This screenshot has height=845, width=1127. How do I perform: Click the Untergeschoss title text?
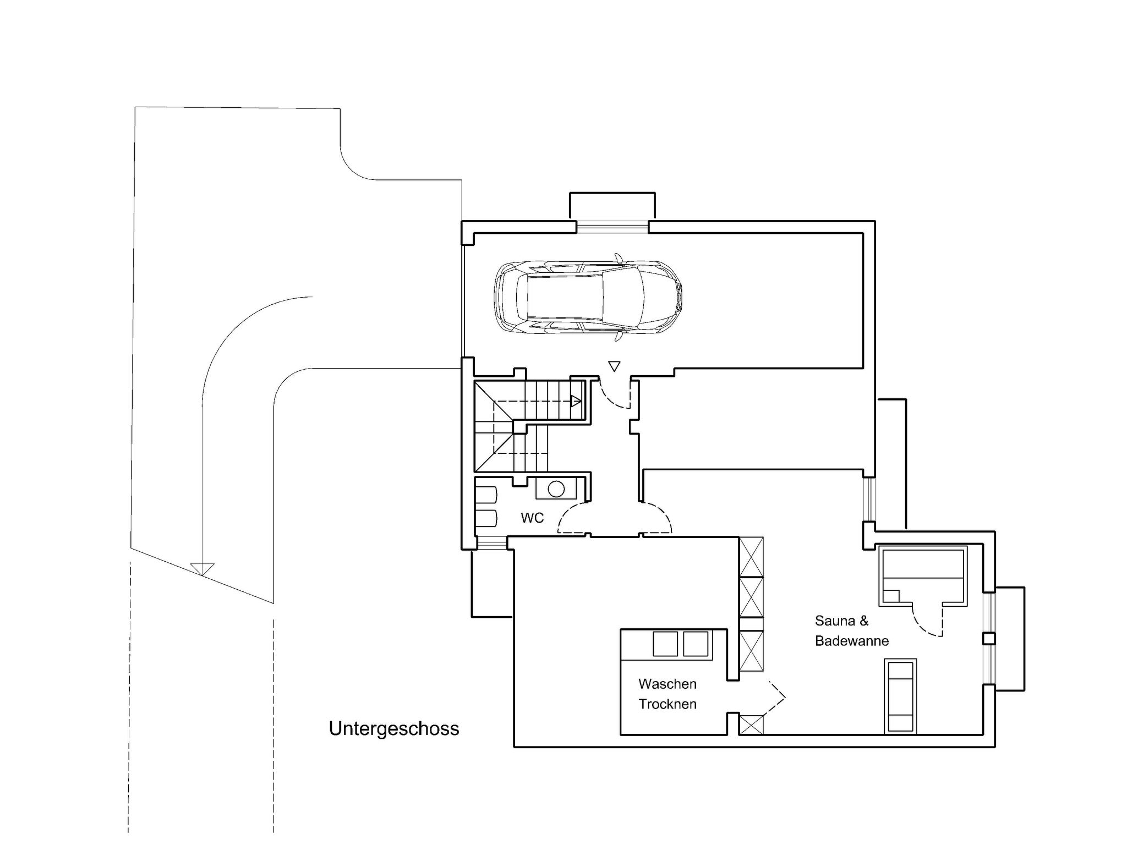(x=393, y=728)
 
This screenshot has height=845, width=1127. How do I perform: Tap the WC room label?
(x=532, y=518)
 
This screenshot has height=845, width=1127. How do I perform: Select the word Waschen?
(x=667, y=684)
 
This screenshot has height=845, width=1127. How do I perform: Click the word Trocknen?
(x=667, y=704)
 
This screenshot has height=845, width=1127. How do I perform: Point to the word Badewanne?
(x=851, y=641)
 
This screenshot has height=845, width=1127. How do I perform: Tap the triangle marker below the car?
(x=614, y=366)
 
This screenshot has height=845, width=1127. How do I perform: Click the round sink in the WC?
(x=556, y=489)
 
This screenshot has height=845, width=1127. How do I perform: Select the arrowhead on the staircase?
(x=576, y=401)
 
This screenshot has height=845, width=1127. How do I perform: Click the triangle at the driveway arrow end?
(x=202, y=569)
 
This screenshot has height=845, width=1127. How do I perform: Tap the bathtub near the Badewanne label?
(x=900, y=696)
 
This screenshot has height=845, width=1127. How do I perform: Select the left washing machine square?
(x=665, y=644)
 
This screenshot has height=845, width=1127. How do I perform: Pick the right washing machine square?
(x=695, y=644)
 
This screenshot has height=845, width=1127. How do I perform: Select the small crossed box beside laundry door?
(x=751, y=725)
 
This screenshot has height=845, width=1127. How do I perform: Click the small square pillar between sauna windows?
(x=989, y=639)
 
